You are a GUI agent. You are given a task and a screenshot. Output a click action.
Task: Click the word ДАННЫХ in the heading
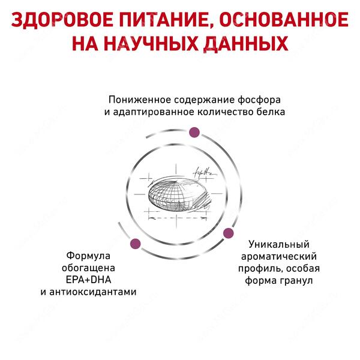tap(246, 44)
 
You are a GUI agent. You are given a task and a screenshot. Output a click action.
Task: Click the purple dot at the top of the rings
tap(194, 133)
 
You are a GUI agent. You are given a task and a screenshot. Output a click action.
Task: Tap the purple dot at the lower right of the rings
tap(228, 233)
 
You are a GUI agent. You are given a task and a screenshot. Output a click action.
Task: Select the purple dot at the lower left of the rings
tap(135, 244)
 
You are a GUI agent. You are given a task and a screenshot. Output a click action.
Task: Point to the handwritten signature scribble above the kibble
tap(205, 173)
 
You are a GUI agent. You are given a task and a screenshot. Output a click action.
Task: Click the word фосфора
tap(259, 100)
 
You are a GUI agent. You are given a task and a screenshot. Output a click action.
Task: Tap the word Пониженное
tap(140, 100)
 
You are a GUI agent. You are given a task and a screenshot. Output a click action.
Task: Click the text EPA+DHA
tap(88, 280)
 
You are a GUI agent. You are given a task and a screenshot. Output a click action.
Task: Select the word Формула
tap(88, 256)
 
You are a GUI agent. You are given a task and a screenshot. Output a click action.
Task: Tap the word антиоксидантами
tap(93, 292)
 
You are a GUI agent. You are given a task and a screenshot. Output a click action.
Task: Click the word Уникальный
tap(279, 245)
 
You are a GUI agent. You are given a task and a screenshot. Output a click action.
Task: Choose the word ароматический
tap(279, 257)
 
